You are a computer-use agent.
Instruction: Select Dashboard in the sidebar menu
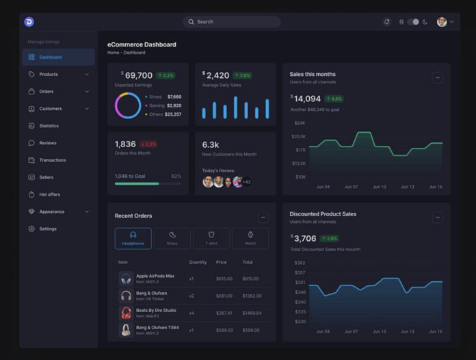50,57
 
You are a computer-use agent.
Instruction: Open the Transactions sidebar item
52,160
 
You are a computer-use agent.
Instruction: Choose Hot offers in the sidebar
49,194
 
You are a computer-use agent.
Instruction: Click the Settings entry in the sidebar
47,229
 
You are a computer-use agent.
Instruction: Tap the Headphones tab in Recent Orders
133,238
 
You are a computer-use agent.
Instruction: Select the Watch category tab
250,238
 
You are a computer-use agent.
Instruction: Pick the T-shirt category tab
211,238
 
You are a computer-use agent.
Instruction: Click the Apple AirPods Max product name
155,276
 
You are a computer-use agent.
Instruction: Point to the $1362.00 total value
251,296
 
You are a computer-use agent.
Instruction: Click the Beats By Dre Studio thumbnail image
126,313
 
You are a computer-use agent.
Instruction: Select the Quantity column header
198,262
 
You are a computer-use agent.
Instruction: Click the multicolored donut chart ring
128,105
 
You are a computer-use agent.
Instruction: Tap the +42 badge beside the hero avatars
246,182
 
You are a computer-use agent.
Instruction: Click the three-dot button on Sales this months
438,77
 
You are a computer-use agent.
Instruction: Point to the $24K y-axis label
300,123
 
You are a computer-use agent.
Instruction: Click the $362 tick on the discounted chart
300,263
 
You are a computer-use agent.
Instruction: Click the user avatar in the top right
442,22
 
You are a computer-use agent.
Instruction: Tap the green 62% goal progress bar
137,183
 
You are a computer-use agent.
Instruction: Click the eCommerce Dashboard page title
142,44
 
